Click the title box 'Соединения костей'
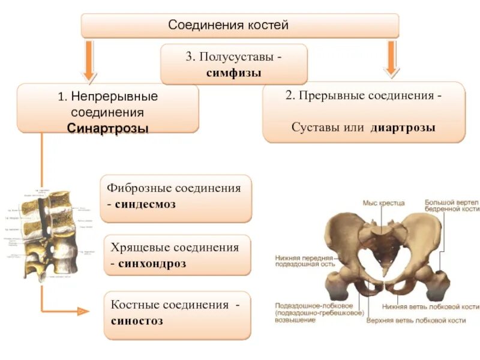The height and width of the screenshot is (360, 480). [240, 26]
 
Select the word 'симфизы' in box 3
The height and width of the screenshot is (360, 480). [233, 72]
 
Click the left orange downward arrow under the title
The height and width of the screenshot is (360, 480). [89, 60]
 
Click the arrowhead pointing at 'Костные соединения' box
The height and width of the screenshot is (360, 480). [83, 311]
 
